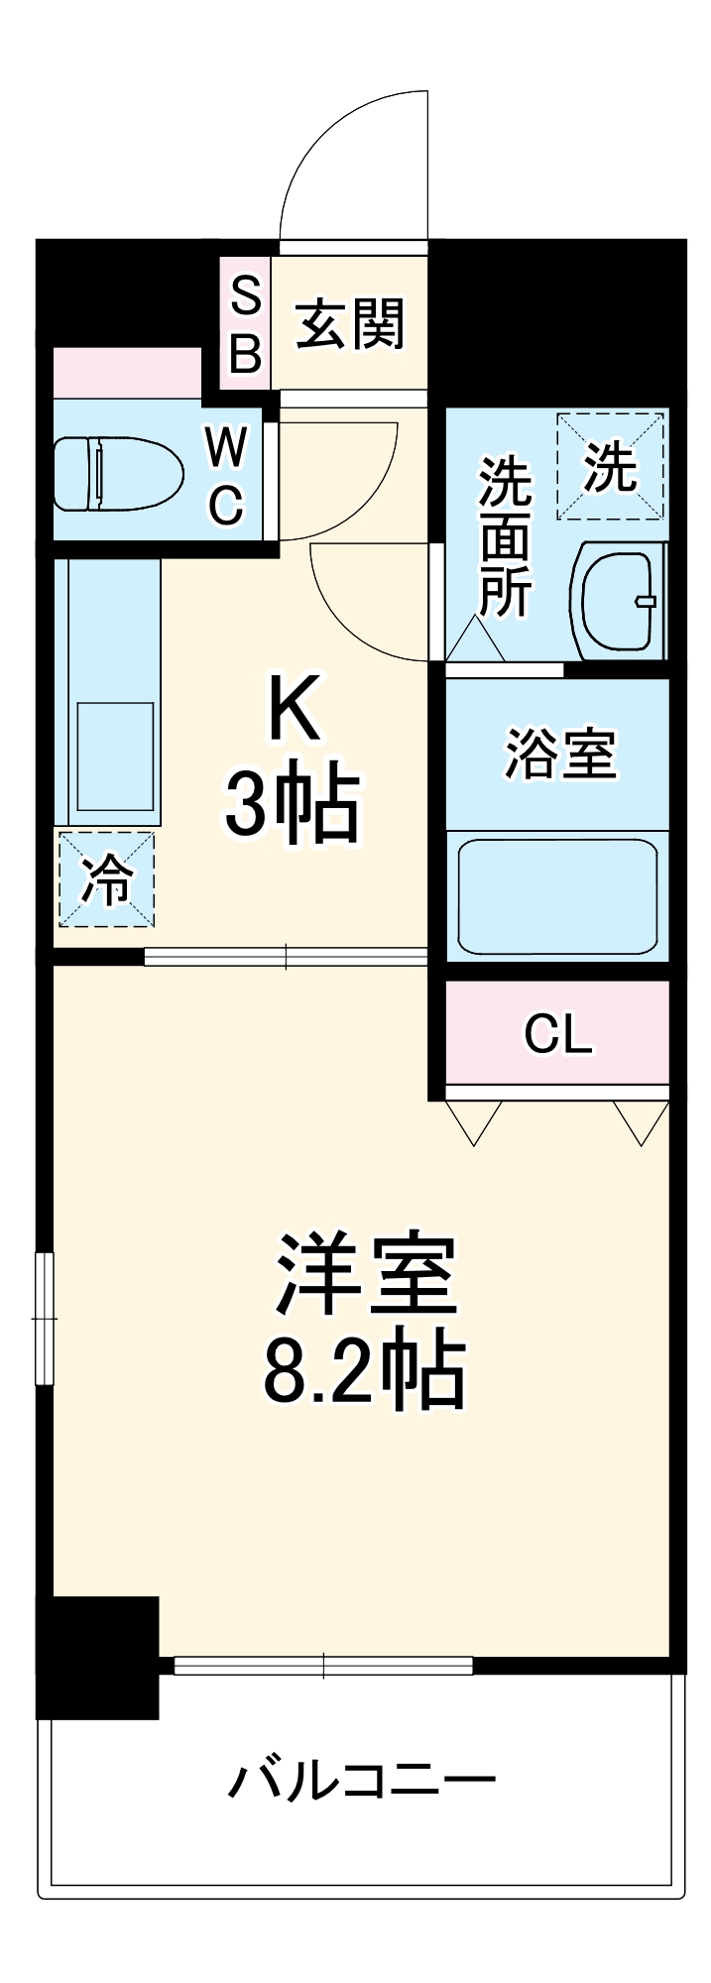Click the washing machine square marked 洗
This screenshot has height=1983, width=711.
click(610, 466)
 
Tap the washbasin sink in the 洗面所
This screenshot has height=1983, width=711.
click(618, 601)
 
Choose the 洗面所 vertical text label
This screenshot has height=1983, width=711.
click(505, 535)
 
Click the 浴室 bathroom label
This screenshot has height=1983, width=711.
click(560, 754)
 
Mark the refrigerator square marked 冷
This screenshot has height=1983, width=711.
click(106, 879)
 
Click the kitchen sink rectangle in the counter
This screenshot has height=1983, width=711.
click(115, 757)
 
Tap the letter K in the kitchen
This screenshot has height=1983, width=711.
click(295, 708)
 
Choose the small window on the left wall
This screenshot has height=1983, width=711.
click(44, 1318)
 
